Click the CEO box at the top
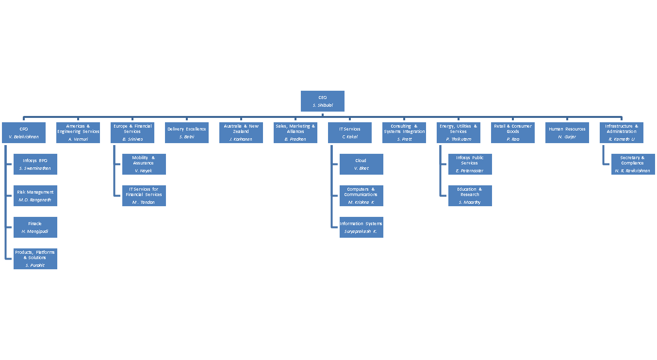click(x=323, y=101)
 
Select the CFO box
click(x=24, y=133)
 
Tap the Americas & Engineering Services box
click(x=78, y=133)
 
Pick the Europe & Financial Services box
click(x=132, y=133)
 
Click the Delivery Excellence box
click(x=187, y=133)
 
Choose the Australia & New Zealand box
click(x=241, y=133)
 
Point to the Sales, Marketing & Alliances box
click(x=296, y=133)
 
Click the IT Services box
click(x=350, y=133)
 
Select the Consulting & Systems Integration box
click(x=404, y=133)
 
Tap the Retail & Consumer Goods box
click(x=513, y=133)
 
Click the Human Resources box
click(x=567, y=133)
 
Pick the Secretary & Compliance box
click(x=632, y=164)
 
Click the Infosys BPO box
click(x=35, y=164)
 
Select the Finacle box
click(x=35, y=227)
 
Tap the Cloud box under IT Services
click(x=361, y=164)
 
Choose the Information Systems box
click(x=361, y=227)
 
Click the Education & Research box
click(x=470, y=196)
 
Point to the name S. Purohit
click(x=35, y=265)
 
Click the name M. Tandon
click(x=143, y=202)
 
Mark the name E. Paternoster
click(x=469, y=171)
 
